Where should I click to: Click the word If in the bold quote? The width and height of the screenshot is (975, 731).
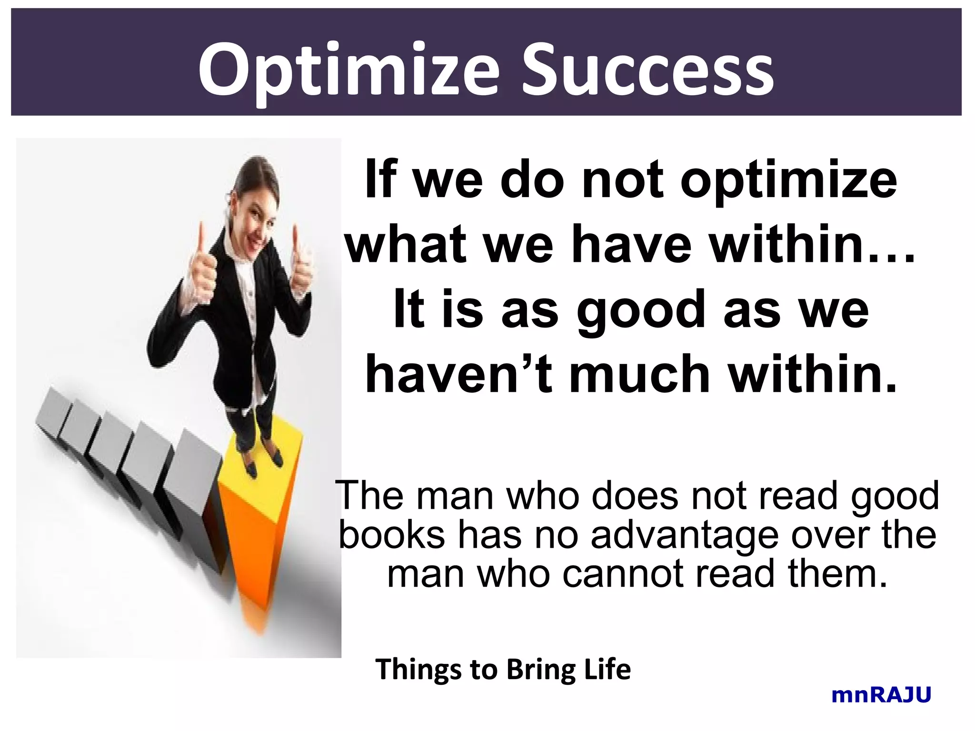pos(380,179)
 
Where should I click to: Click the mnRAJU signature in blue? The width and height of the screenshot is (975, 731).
pos(881,695)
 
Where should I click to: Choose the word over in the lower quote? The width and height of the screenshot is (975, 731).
pos(831,535)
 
